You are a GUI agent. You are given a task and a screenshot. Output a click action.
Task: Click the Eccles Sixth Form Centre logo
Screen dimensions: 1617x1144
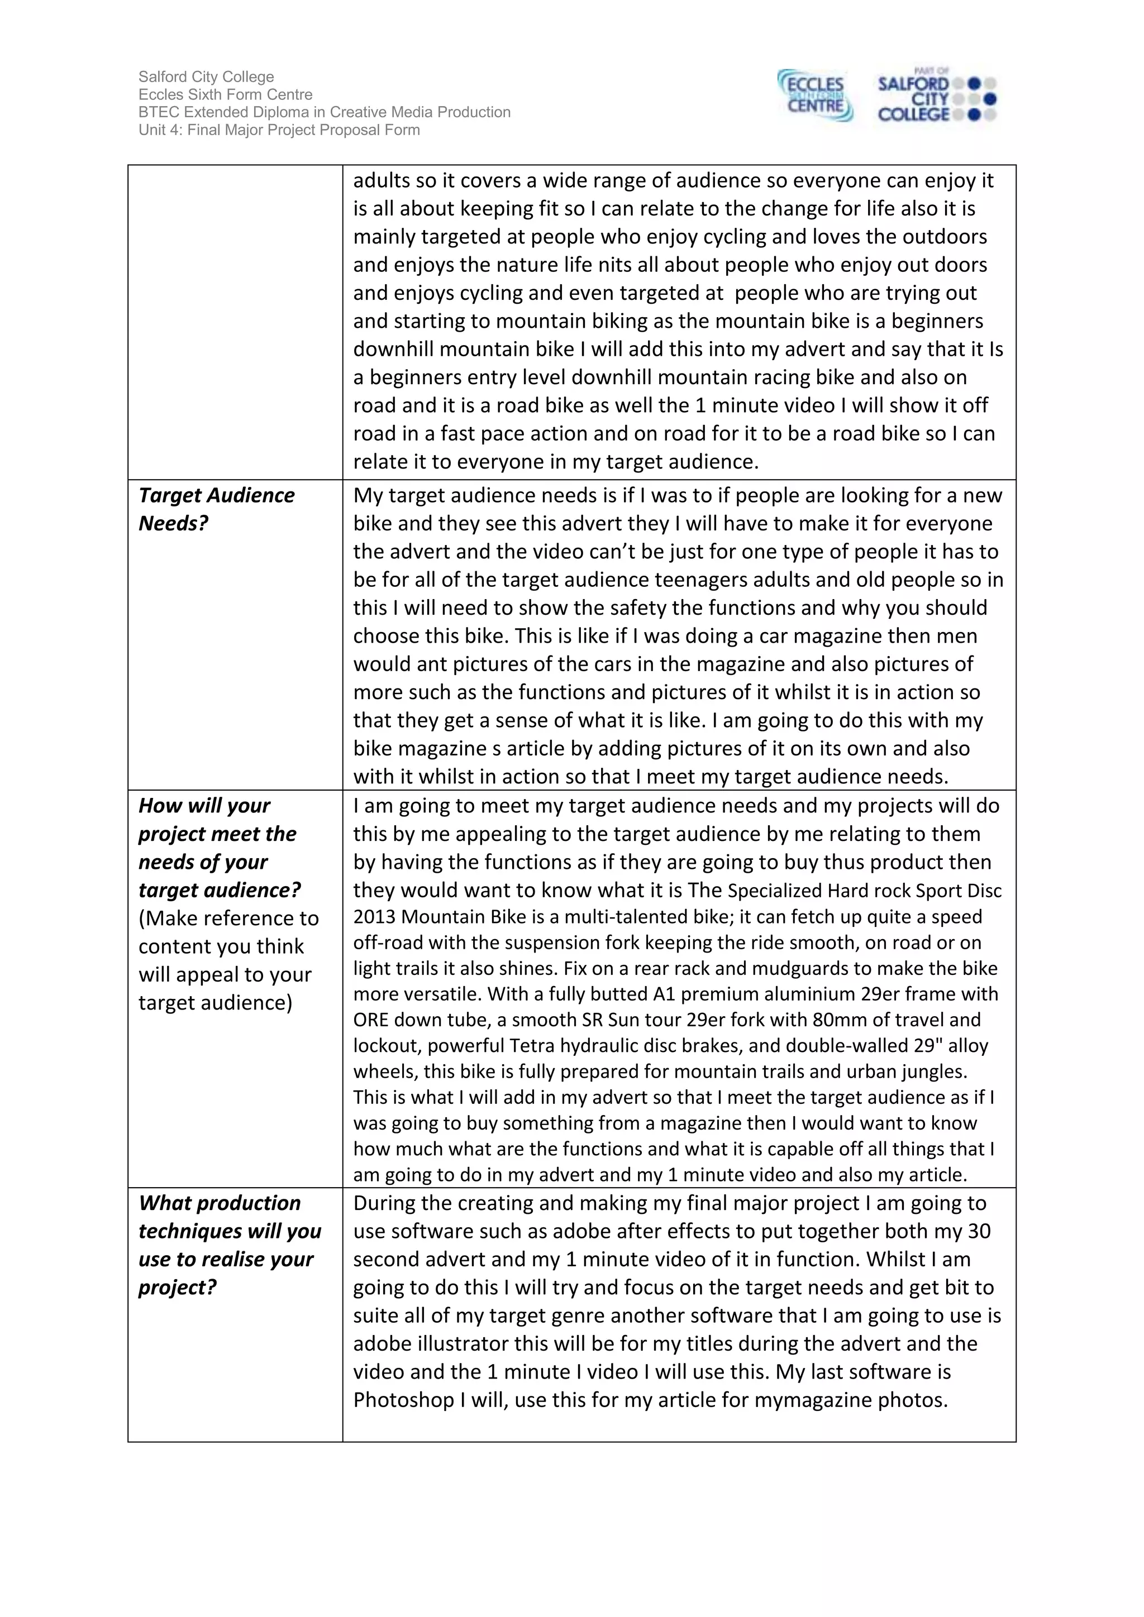click(815, 97)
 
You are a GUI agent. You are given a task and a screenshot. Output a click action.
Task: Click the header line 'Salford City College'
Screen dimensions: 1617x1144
click(206, 76)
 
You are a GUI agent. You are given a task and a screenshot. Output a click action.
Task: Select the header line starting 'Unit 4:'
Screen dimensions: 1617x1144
click(279, 130)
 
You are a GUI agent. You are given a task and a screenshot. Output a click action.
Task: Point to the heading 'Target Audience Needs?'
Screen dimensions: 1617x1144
click(216, 509)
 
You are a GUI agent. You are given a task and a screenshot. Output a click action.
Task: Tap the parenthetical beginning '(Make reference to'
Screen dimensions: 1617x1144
click(228, 918)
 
